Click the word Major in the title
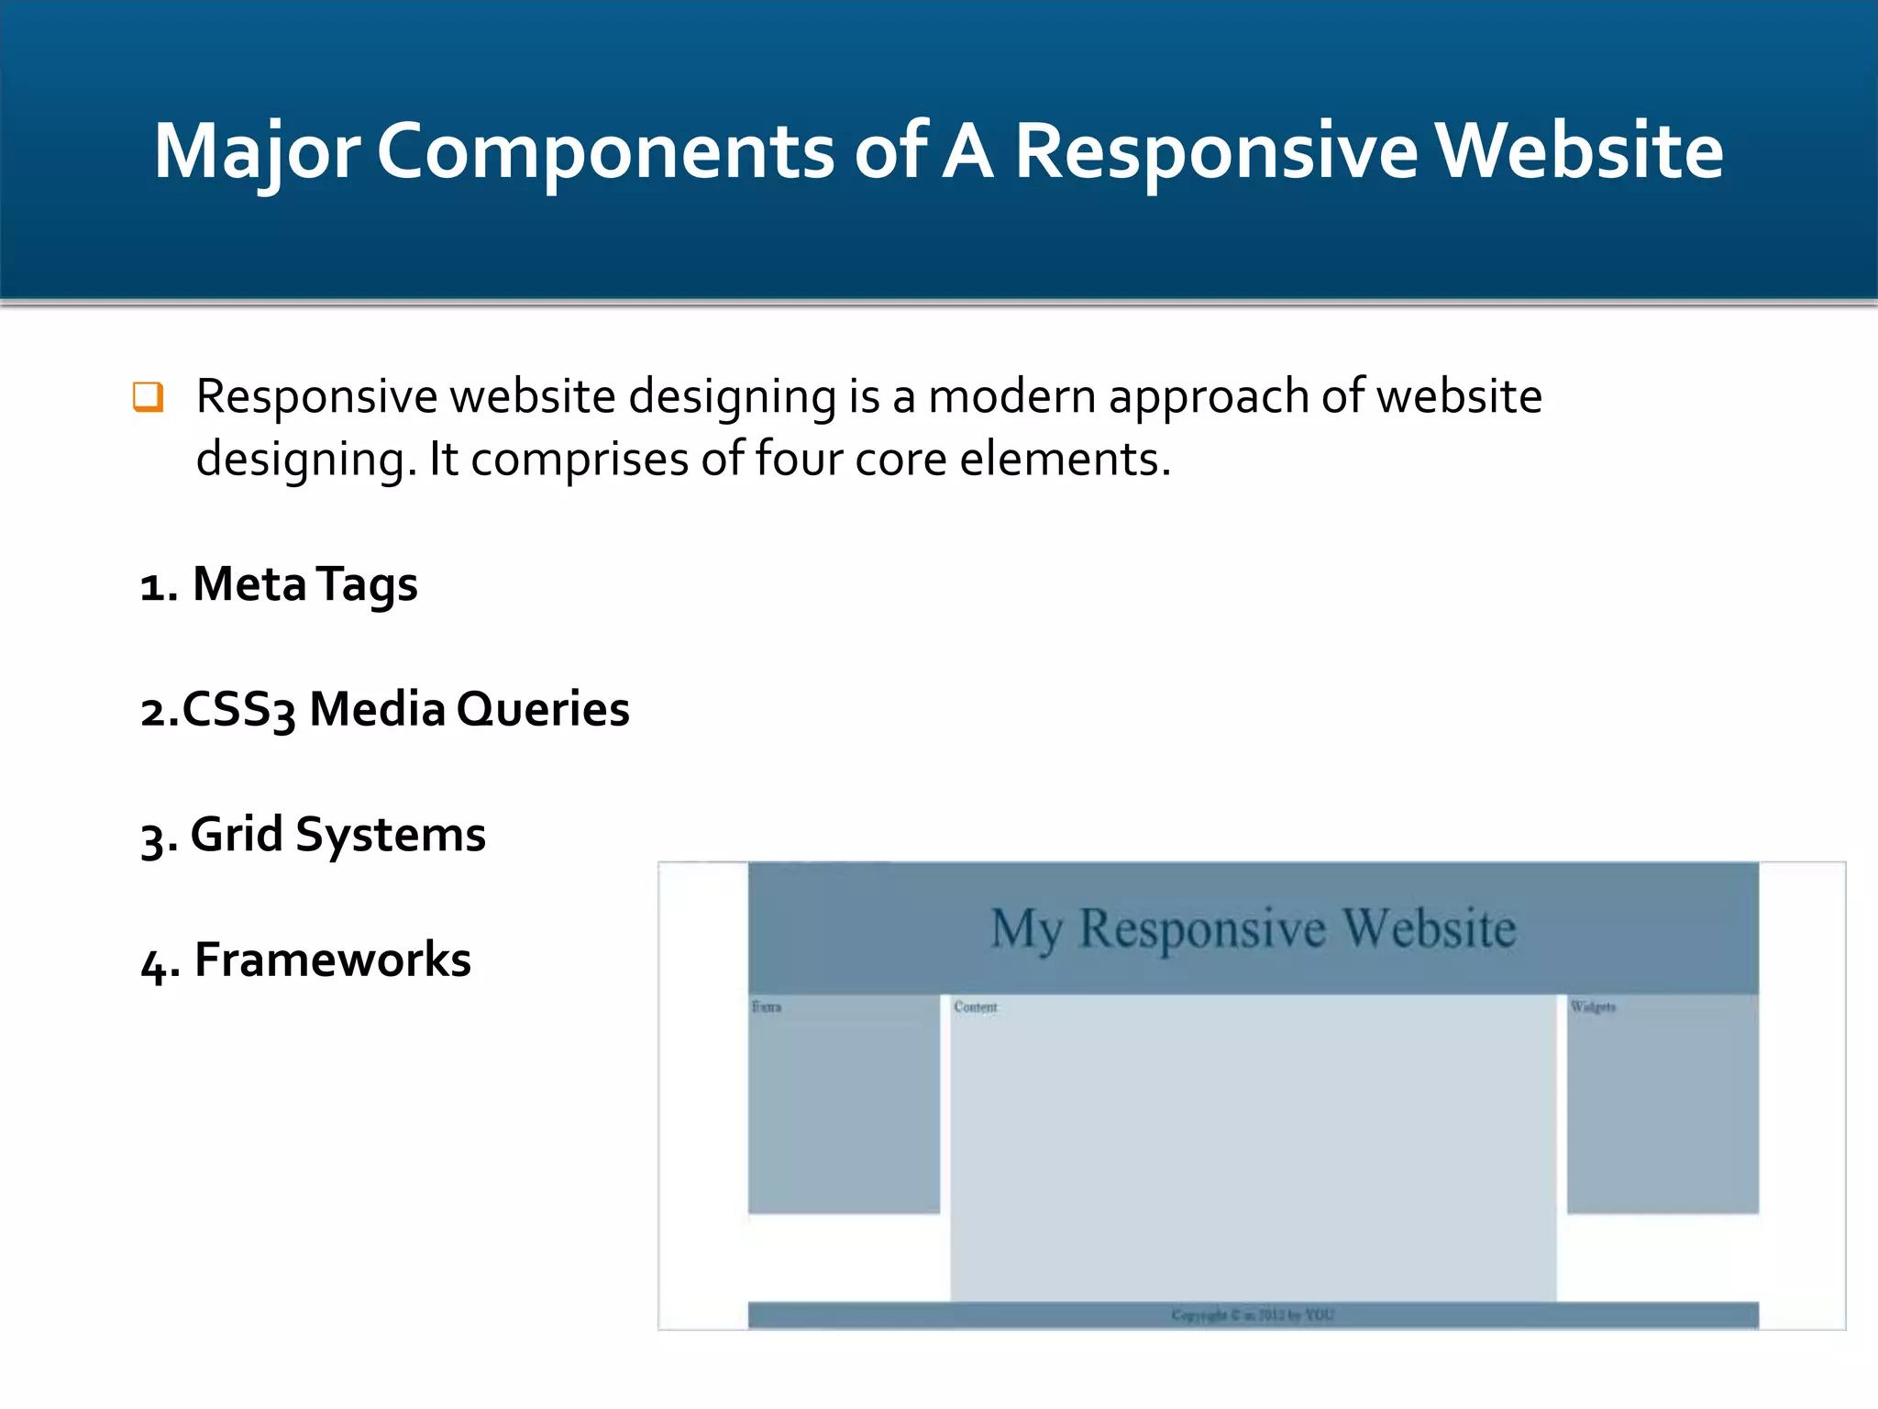[256, 151]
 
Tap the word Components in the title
[604, 151]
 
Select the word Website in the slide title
[1578, 151]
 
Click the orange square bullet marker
[148, 397]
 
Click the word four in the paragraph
[797, 459]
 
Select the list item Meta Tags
[280, 584]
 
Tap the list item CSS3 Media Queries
[385, 709]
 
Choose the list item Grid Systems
[314, 835]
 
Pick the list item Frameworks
[306, 960]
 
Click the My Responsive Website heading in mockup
[1253, 928]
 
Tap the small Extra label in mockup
[767, 1007]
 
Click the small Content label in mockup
[975, 1007]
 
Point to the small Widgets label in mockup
[1593, 1007]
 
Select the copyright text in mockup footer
[1253, 1315]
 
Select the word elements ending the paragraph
[1064, 459]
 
